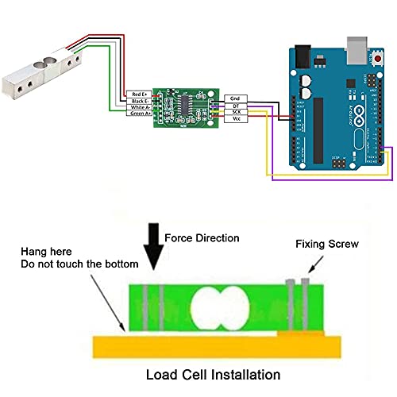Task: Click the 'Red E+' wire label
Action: click(x=138, y=94)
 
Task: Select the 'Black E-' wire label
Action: click(x=138, y=100)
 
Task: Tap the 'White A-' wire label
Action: click(x=138, y=107)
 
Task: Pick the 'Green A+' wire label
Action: click(x=138, y=114)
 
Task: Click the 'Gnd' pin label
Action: click(x=237, y=98)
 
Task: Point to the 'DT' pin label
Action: click(x=237, y=105)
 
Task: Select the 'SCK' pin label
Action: click(x=237, y=112)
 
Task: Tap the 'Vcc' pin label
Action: click(x=237, y=119)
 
